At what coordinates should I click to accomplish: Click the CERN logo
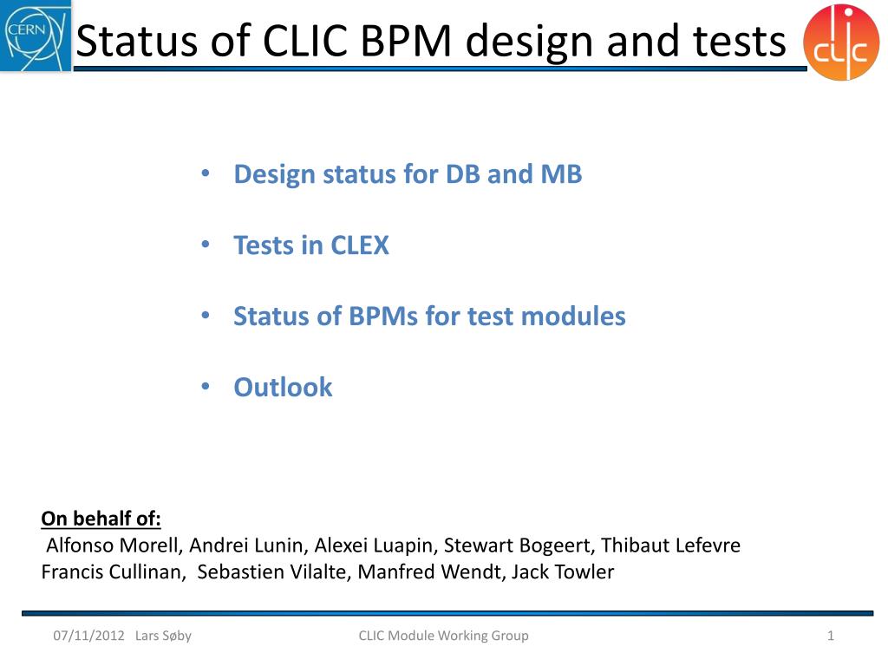[x=36, y=36]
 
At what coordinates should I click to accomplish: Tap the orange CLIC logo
[x=841, y=42]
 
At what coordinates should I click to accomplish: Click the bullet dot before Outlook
[x=206, y=387]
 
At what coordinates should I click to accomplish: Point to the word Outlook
[x=284, y=388]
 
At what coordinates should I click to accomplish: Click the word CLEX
[x=360, y=245]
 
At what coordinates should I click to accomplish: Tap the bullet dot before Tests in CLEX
[x=206, y=245]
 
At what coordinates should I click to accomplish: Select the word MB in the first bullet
[x=561, y=173]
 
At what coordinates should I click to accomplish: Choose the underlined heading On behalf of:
[x=101, y=519]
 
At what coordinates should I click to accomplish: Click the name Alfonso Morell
[x=114, y=545]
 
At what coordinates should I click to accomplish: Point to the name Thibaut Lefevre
[x=670, y=545]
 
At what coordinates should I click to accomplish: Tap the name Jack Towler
[x=563, y=571]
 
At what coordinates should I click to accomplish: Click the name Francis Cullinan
[x=113, y=571]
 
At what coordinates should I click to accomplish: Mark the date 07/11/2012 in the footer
[x=88, y=636]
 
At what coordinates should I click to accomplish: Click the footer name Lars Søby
[x=163, y=636]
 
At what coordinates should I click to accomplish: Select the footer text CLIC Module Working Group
[x=443, y=636]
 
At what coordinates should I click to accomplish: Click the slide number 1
[x=831, y=636]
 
